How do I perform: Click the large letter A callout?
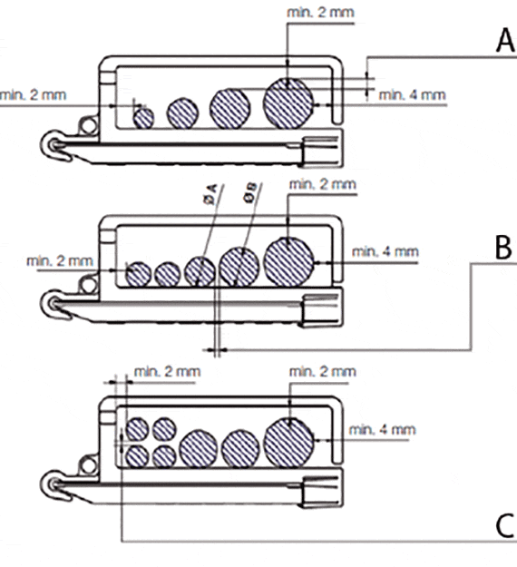[x=505, y=41]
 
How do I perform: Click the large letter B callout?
[x=503, y=248]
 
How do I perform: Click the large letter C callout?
[x=504, y=525]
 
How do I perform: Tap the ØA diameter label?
[x=210, y=194]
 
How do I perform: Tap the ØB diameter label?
[x=250, y=192]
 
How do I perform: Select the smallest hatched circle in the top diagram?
[x=143, y=118]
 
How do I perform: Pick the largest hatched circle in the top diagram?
[x=288, y=103]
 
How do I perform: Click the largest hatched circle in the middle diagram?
[x=288, y=262]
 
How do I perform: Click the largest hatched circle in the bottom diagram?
[x=288, y=442]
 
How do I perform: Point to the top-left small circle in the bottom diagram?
[x=137, y=429]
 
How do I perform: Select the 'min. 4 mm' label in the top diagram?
[x=412, y=95]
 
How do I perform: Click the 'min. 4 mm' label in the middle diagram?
[x=385, y=251]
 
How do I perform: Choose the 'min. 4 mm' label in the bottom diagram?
[x=382, y=430]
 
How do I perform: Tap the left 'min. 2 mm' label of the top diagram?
[x=34, y=95]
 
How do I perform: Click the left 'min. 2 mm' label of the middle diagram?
[x=60, y=260]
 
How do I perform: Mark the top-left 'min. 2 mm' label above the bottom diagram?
[x=167, y=372]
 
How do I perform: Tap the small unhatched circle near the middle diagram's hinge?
[x=88, y=285]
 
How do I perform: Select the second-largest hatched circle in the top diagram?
[x=230, y=109]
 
